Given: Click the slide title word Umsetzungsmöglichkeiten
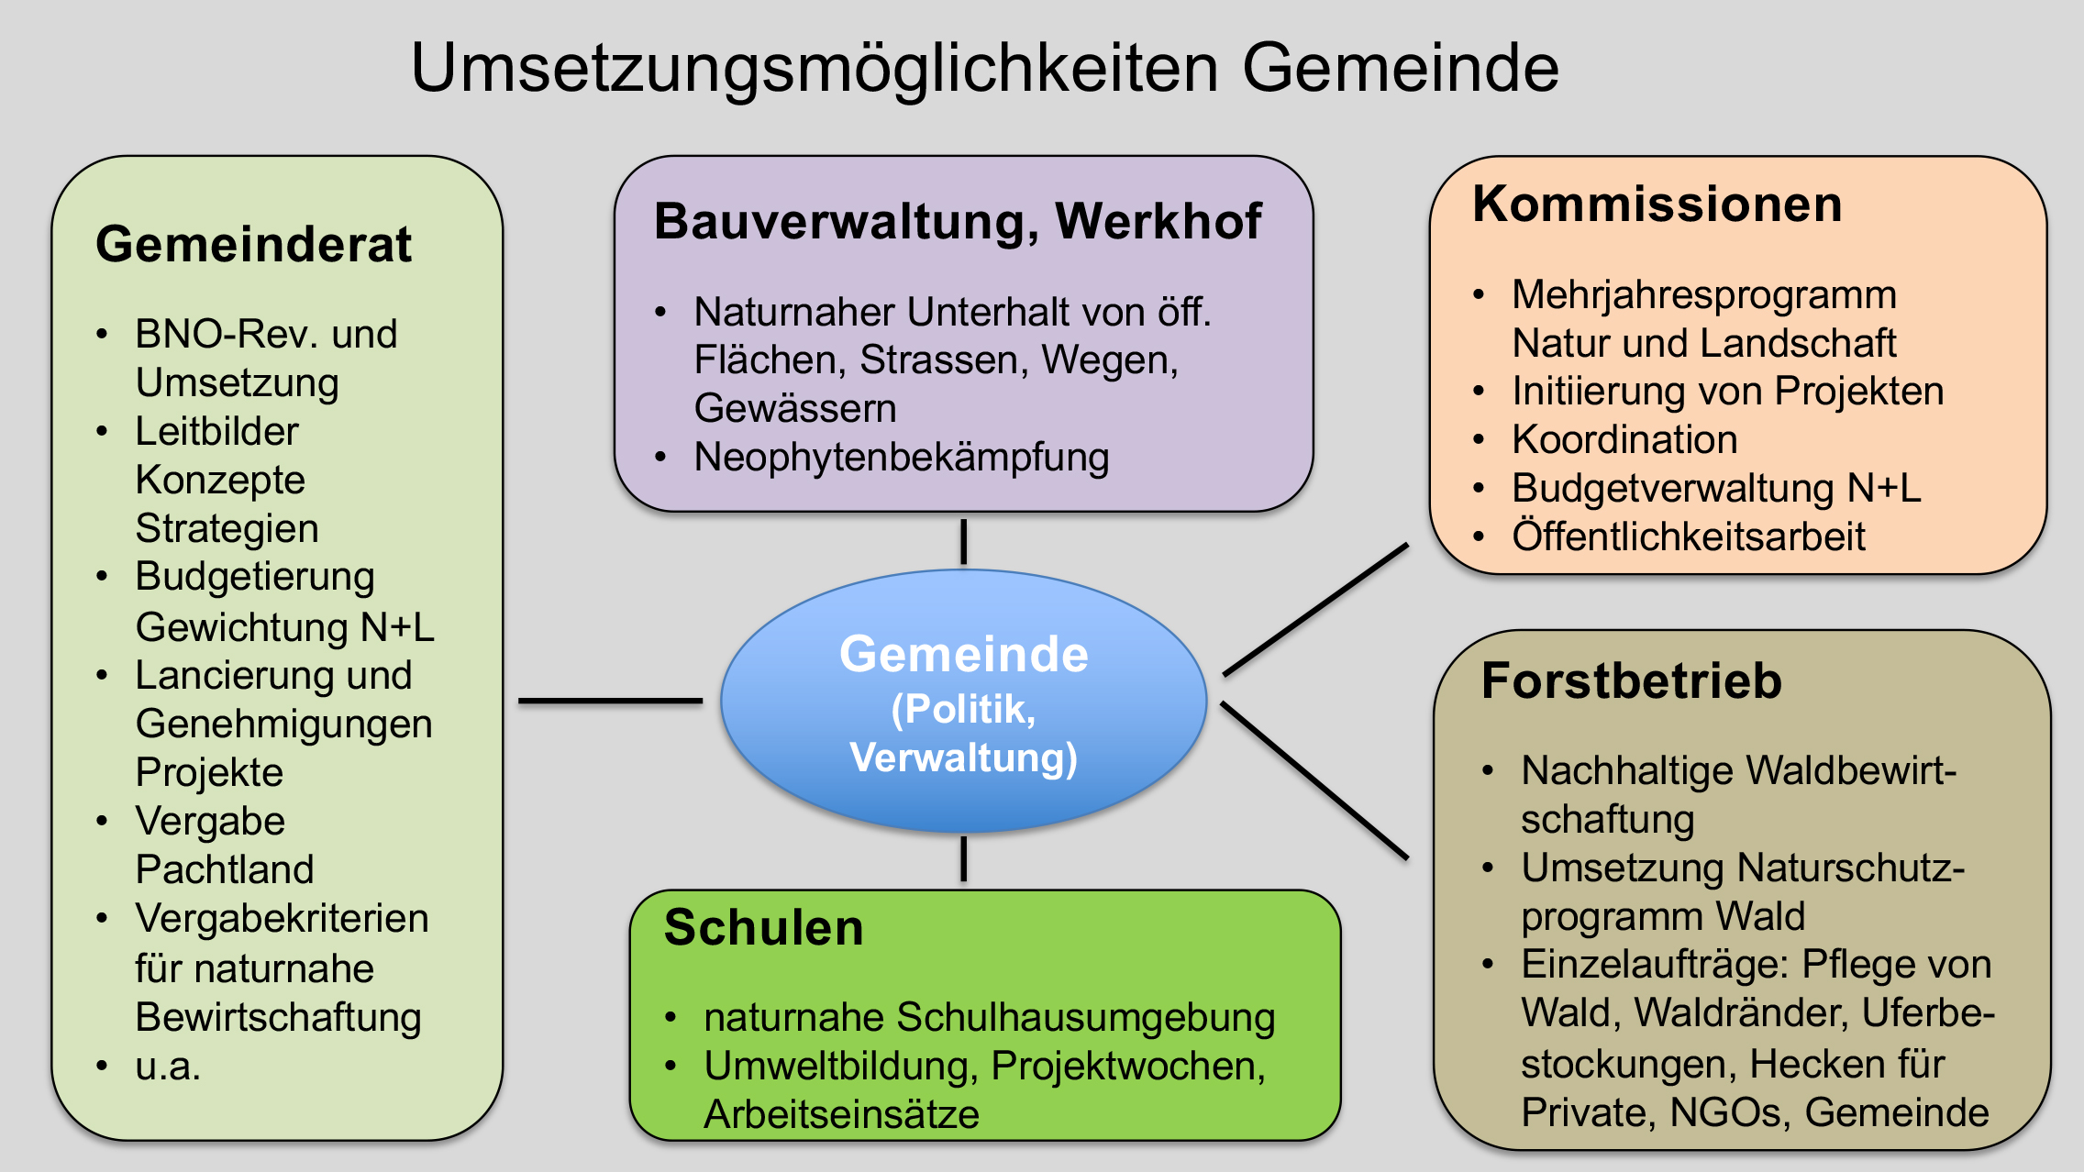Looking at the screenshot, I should click(815, 69).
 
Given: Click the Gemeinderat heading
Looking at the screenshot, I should click(253, 244).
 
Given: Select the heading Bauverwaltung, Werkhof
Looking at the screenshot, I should click(958, 221).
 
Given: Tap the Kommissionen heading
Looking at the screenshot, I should click(1657, 204).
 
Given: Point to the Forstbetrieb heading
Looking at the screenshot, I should click(1632, 681).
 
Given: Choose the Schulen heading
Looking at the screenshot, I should click(764, 927).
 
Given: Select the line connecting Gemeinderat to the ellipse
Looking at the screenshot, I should click(610, 701).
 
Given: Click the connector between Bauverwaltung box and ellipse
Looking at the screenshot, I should click(963, 541).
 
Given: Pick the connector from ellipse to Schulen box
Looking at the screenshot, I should click(963, 858).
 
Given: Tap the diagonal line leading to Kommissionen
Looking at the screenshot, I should click(1315, 610).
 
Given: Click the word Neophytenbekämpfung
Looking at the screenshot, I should click(902, 457).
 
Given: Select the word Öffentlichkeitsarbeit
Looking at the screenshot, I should click(1689, 536).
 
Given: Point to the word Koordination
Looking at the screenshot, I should click(1624, 439).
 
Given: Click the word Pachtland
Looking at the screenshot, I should click(225, 869).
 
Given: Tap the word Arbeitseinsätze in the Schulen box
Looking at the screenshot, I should click(841, 1114).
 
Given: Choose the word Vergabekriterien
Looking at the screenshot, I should click(282, 918).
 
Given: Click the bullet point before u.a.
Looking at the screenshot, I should click(102, 1066).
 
